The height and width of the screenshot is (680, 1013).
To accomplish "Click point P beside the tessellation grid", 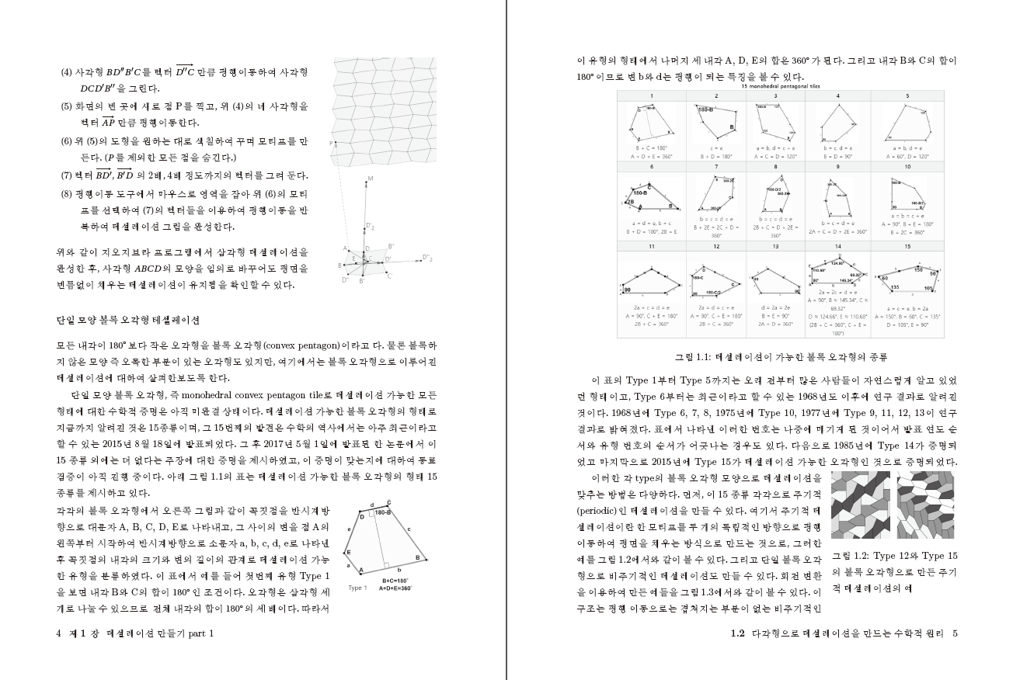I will (x=330, y=144).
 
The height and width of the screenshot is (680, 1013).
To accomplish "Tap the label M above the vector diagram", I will (x=371, y=178).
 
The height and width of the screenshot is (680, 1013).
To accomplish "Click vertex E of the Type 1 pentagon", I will (x=349, y=552).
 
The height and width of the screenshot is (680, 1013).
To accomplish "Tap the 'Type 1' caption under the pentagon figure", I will (x=357, y=588).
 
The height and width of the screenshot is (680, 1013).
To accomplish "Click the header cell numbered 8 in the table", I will (x=775, y=166).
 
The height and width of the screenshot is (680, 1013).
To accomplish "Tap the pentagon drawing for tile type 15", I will (x=907, y=283).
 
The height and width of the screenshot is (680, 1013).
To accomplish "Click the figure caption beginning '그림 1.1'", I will (x=779, y=358).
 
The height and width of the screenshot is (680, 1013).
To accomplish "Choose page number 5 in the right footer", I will (x=955, y=633).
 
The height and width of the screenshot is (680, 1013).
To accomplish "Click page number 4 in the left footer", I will (x=60, y=633).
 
